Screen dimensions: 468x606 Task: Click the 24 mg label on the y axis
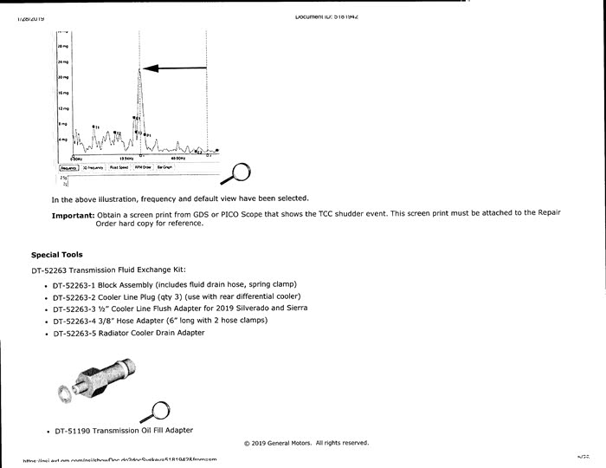click(62, 62)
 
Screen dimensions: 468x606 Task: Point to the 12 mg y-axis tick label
click(62, 108)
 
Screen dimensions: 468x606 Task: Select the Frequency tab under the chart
click(70, 167)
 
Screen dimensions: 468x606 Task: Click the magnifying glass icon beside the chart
click(238, 172)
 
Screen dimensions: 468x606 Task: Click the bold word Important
click(74, 215)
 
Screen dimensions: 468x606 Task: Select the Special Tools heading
click(57, 255)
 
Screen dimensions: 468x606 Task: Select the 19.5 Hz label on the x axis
click(126, 159)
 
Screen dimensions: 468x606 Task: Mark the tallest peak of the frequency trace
click(139, 69)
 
